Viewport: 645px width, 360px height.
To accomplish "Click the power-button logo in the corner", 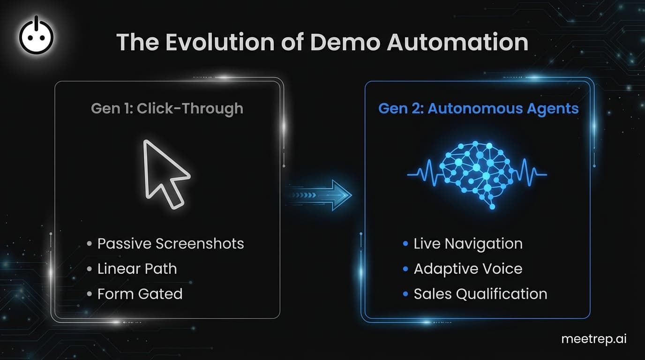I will (x=36, y=36).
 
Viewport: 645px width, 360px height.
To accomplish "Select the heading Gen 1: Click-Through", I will (x=167, y=109).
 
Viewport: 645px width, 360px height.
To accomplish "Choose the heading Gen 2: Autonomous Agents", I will (x=478, y=109).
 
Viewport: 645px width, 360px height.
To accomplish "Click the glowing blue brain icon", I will (x=477, y=173).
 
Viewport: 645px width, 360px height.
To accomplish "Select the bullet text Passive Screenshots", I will (x=171, y=244).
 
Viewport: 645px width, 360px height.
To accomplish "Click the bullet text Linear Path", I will (x=137, y=269).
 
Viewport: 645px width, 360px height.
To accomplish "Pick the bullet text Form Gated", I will (x=140, y=294).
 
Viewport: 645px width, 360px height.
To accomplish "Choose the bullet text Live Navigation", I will (x=468, y=244).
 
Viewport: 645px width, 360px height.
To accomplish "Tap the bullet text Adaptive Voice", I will (x=468, y=269).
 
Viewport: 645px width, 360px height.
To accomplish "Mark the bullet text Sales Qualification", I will (x=480, y=294).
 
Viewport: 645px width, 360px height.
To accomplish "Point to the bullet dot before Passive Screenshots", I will (x=89, y=244).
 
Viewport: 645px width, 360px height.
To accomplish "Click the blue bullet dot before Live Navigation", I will (x=405, y=244).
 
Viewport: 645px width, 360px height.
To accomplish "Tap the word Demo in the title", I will (x=345, y=42).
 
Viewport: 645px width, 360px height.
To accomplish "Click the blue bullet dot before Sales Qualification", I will (x=405, y=294).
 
